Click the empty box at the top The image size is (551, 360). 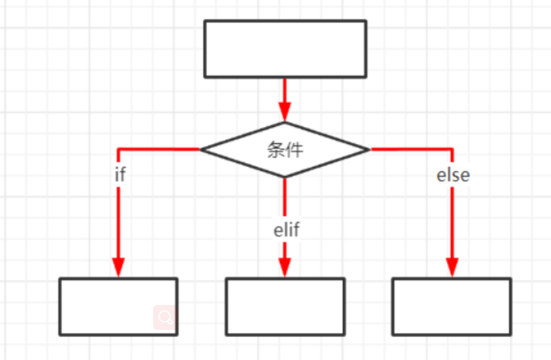(x=285, y=49)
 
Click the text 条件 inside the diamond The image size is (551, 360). (x=285, y=150)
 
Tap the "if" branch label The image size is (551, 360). (x=120, y=175)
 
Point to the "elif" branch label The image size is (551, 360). (x=287, y=230)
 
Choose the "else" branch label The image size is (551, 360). (x=453, y=175)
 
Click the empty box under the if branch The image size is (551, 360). (x=118, y=306)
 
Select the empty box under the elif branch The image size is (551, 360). (x=285, y=306)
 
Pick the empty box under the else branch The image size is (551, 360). (x=452, y=306)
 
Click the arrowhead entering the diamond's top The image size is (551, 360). (x=285, y=113)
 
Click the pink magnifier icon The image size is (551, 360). (x=165, y=317)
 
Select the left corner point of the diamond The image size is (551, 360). (x=201, y=149)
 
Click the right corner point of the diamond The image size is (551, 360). (x=370, y=149)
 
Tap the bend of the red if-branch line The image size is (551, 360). (x=118, y=149)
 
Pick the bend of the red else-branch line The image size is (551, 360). (x=452, y=149)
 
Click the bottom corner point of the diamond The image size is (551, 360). (x=285, y=177)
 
